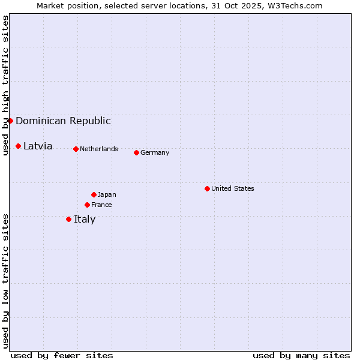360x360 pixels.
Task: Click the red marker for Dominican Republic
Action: click(x=10, y=121)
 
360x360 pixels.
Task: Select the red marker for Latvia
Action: click(x=19, y=146)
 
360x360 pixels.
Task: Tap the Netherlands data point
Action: click(x=76, y=149)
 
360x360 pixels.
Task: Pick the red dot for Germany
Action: click(x=136, y=152)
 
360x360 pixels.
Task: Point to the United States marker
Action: click(x=207, y=188)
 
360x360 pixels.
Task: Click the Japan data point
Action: click(x=94, y=194)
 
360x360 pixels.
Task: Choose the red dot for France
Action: click(x=87, y=205)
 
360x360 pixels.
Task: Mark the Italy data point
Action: click(x=68, y=219)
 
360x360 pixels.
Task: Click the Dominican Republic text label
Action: click(x=63, y=121)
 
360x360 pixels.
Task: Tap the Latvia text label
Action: click(x=38, y=146)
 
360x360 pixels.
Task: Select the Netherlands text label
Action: click(x=99, y=149)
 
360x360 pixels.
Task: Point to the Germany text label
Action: click(x=155, y=152)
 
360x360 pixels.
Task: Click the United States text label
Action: click(x=233, y=188)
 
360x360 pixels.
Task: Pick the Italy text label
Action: click(x=85, y=219)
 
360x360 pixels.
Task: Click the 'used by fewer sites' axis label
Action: click(x=62, y=355)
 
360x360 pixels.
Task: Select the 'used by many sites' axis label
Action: click(x=301, y=355)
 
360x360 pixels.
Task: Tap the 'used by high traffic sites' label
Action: click(x=5, y=85)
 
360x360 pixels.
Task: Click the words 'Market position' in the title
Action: click(x=64, y=5)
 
